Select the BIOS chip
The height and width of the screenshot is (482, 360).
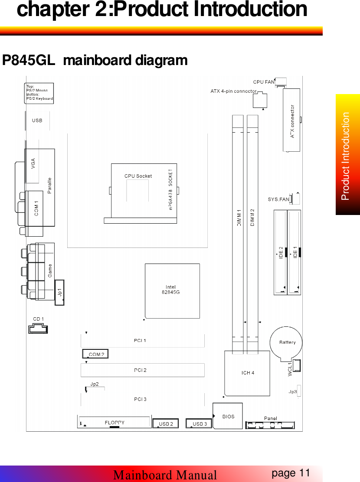pyautogui.click(x=228, y=416)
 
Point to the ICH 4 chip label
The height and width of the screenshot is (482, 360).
pyautogui.click(x=248, y=373)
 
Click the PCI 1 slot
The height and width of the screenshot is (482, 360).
pyautogui.click(x=142, y=340)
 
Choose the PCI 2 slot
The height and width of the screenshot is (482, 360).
pyautogui.click(x=142, y=370)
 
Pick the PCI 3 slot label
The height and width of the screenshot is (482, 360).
pyautogui.click(x=140, y=399)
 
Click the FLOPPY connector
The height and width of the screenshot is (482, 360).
pyautogui.click(x=115, y=422)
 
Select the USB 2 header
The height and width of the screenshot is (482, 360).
pyautogui.click(x=165, y=423)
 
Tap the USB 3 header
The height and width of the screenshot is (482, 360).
pyautogui.click(x=199, y=423)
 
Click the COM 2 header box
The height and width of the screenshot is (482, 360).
pyautogui.click(x=95, y=354)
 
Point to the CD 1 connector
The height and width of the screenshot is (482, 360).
pyautogui.click(x=38, y=329)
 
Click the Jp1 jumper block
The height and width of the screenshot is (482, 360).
pyautogui.click(x=60, y=292)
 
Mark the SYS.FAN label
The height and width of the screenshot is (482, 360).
pyautogui.click(x=278, y=200)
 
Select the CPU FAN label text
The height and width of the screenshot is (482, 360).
pyautogui.click(x=264, y=81)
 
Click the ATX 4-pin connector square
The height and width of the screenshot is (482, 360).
pyautogui.click(x=260, y=101)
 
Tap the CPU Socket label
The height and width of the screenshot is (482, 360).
pyautogui.click(x=138, y=176)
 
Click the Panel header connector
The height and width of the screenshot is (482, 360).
pyautogui.click(x=270, y=425)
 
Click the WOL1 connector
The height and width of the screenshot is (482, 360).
pyautogui.click(x=297, y=365)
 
